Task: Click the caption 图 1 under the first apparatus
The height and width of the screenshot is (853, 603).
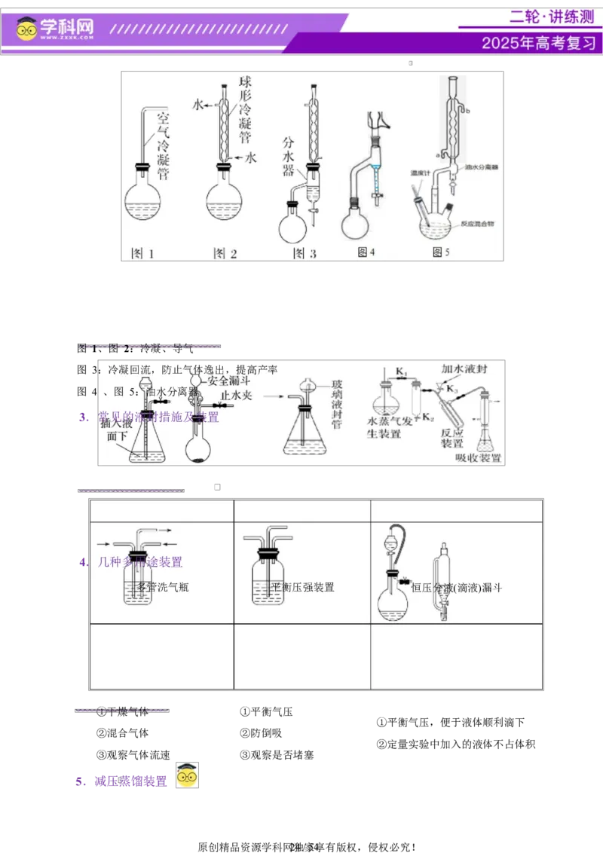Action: [142, 253]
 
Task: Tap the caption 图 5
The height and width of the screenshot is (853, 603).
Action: [441, 252]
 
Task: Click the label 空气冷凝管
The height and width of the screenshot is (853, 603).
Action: [163, 147]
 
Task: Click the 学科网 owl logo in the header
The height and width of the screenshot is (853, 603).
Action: [28, 29]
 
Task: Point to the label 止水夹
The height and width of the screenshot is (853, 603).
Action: [236, 396]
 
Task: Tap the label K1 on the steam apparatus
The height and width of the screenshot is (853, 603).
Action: [402, 371]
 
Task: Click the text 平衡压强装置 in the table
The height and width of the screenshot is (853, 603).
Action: [302, 587]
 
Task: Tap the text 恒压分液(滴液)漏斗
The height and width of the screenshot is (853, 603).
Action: [457, 587]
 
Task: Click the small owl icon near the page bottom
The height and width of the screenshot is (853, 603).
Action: [186, 775]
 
